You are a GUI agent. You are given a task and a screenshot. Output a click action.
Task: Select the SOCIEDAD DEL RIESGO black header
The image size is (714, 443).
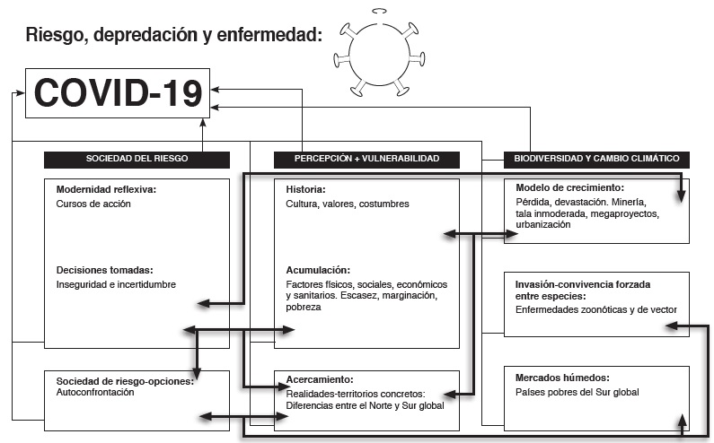tap(137, 159)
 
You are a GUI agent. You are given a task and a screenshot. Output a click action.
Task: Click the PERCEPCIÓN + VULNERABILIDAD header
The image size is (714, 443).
tap(366, 159)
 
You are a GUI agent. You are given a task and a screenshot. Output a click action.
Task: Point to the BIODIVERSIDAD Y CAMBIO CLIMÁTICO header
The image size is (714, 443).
tap(596, 159)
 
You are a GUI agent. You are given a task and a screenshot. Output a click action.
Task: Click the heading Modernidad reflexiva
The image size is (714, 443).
tap(106, 190)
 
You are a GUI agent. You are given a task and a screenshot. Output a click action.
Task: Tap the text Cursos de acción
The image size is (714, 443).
tap(93, 204)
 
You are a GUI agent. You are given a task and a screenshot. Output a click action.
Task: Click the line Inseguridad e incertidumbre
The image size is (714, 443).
tap(116, 284)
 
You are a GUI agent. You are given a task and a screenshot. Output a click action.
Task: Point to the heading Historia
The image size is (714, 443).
tap(305, 190)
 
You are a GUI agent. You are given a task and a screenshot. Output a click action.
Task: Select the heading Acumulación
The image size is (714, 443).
tap(317, 270)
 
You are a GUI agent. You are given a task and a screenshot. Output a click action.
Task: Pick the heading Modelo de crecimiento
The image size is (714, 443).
tap(569, 188)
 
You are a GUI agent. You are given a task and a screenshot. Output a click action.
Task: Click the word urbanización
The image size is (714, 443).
tap(543, 225)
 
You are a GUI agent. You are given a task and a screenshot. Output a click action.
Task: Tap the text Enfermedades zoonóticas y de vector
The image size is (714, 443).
tap(595, 309)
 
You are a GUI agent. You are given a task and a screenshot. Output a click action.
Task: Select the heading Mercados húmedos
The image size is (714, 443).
tap(562, 378)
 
